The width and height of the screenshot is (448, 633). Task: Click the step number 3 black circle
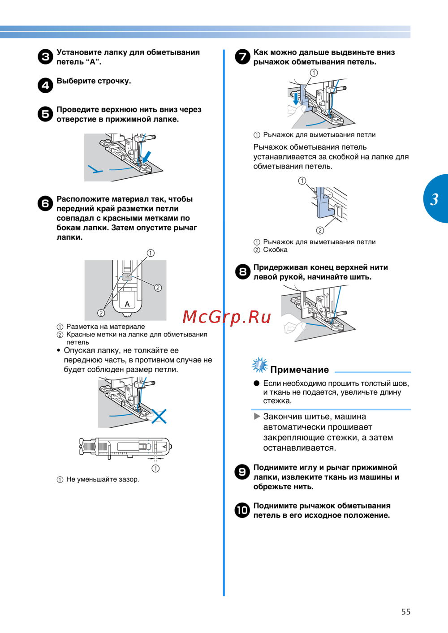(45, 57)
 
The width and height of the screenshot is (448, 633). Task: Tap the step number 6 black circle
(45, 204)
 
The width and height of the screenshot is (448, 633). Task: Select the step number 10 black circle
(242, 510)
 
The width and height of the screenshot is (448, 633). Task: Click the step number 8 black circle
(242, 271)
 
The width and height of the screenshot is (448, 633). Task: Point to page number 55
(406, 612)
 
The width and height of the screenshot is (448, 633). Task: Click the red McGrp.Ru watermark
(227, 317)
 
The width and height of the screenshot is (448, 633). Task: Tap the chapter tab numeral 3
(434, 199)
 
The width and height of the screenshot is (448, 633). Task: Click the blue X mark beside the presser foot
(159, 416)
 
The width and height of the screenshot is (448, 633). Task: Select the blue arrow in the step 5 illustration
(146, 157)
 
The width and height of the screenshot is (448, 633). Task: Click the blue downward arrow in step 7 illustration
(296, 99)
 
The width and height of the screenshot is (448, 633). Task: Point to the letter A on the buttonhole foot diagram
(127, 304)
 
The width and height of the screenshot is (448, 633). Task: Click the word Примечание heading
(299, 370)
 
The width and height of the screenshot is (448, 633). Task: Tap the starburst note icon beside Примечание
(259, 365)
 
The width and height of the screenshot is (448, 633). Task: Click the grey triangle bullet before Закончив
(257, 416)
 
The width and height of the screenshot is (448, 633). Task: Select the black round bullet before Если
(257, 383)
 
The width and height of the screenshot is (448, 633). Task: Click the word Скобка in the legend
(275, 250)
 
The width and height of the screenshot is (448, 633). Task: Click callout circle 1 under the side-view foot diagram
(155, 469)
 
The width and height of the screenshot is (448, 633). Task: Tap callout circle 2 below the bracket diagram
(320, 230)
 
